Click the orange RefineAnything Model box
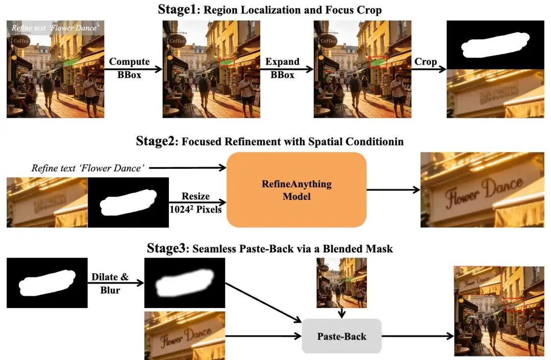tap(296, 190)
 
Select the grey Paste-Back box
tap(342, 336)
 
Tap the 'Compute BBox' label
tap(129, 68)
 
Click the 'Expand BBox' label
tap(282, 68)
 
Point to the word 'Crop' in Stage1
tap(425, 62)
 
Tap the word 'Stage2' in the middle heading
tap(154, 141)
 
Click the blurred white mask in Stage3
tap(184, 284)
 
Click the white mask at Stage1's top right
tap(495, 44)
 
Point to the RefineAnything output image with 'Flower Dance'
tap(482, 190)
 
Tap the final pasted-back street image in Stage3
tap(499, 311)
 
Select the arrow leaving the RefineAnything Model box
tap(393, 190)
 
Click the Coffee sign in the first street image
tap(20, 41)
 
